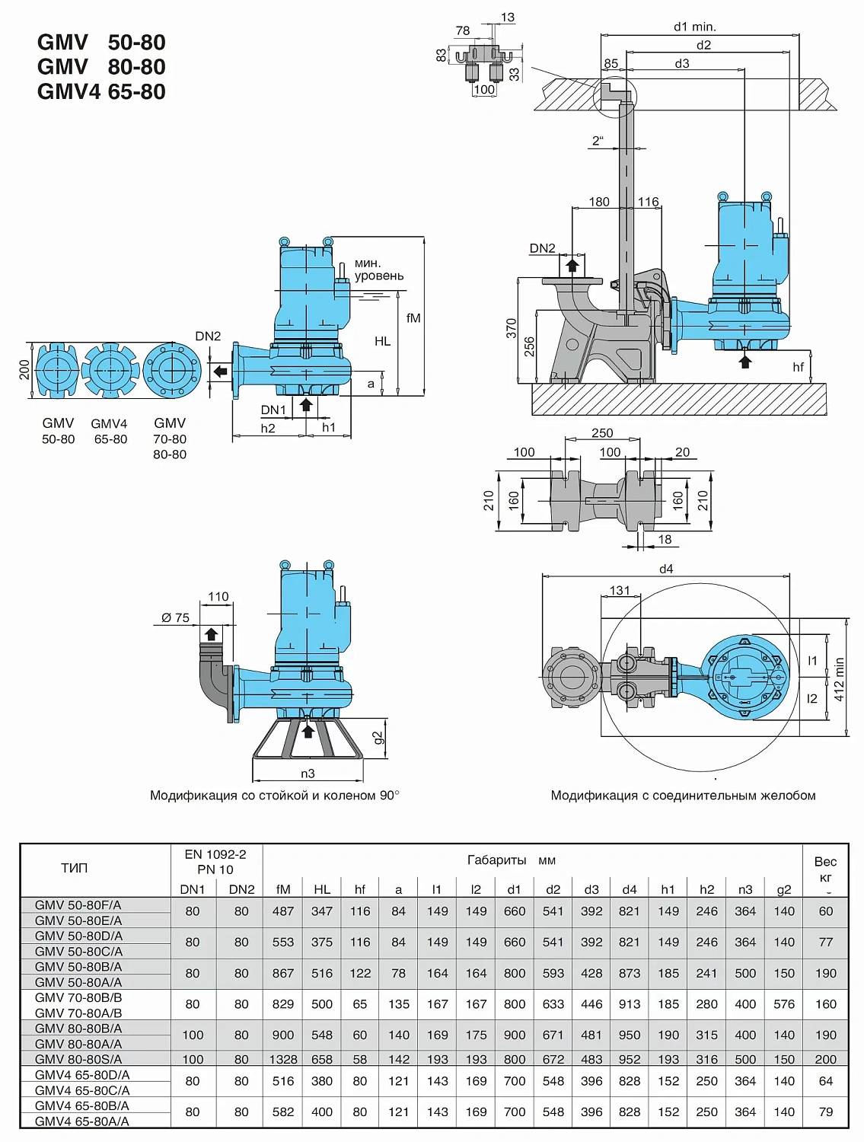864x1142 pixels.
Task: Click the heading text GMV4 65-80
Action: [x=101, y=91]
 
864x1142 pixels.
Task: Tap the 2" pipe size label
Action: [x=598, y=141]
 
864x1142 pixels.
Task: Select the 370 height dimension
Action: [x=512, y=328]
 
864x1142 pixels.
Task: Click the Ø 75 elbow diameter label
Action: [x=175, y=617]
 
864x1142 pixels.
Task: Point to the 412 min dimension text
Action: [x=840, y=679]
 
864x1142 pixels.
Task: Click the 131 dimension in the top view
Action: [x=620, y=590]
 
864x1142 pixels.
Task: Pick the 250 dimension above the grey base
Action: [x=602, y=432]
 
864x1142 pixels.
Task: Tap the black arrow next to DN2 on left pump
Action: [x=220, y=372]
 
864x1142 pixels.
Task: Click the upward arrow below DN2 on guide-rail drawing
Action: [x=572, y=266]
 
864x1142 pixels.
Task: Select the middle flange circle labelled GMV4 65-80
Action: [x=110, y=371]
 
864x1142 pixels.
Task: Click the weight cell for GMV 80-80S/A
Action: [x=825, y=1059]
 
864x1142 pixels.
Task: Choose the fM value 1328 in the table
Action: [x=283, y=1059]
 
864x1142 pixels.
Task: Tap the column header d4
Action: [x=630, y=889]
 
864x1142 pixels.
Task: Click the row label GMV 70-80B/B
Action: [x=78, y=997]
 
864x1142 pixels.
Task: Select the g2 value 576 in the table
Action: [x=784, y=1004]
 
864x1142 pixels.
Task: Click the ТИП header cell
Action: [x=75, y=868]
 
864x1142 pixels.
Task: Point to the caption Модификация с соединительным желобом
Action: [x=683, y=796]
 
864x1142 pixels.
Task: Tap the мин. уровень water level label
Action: [x=378, y=270]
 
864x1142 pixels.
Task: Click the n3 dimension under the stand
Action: [x=308, y=774]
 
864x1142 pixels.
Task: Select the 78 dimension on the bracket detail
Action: [x=463, y=30]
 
